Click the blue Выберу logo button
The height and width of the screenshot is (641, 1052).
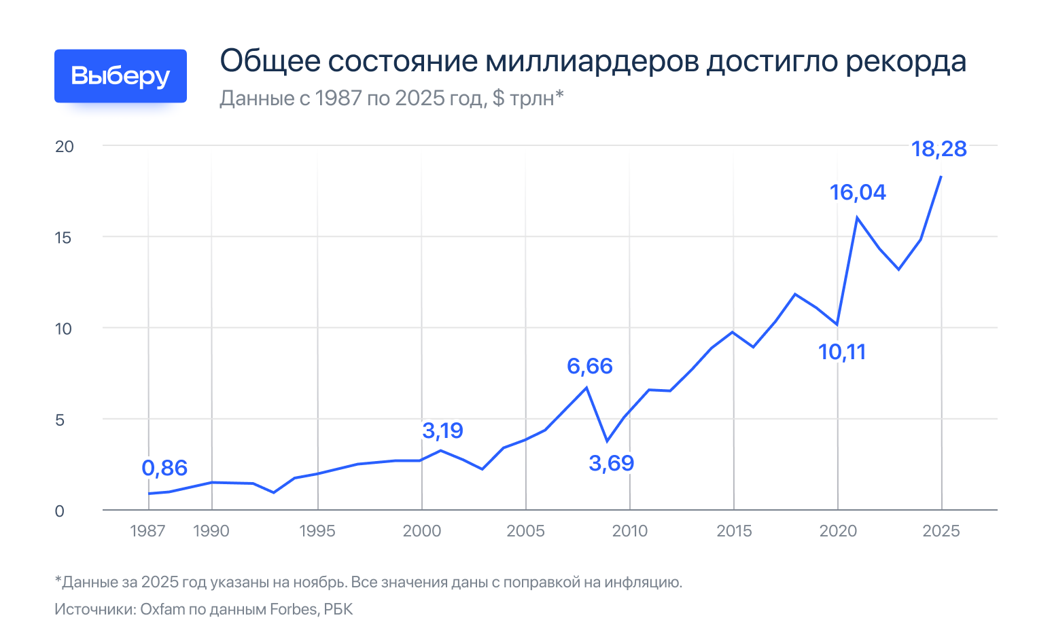(x=120, y=76)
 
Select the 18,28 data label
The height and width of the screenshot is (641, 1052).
(x=939, y=149)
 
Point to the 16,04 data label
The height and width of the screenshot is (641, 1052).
(x=858, y=192)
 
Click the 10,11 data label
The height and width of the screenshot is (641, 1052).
(x=842, y=352)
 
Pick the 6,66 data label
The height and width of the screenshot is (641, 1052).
(x=590, y=366)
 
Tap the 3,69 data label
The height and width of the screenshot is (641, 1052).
(x=611, y=463)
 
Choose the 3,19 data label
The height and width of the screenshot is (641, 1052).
(x=442, y=430)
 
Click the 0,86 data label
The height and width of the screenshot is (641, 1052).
(x=164, y=468)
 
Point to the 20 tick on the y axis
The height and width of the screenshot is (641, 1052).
(x=64, y=147)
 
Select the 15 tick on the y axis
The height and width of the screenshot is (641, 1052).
(x=64, y=238)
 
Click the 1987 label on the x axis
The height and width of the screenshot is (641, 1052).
(x=147, y=531)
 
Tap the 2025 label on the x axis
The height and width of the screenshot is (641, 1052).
(x=941, y=531)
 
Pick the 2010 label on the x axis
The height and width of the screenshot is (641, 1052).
(x=629, y=531)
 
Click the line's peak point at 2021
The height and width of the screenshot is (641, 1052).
(x=858, y=217)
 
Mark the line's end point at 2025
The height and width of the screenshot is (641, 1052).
(x=941, y=177)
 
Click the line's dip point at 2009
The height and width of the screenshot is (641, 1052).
(x=608, y=441)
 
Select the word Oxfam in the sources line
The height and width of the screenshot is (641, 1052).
(x=162, y=609)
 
